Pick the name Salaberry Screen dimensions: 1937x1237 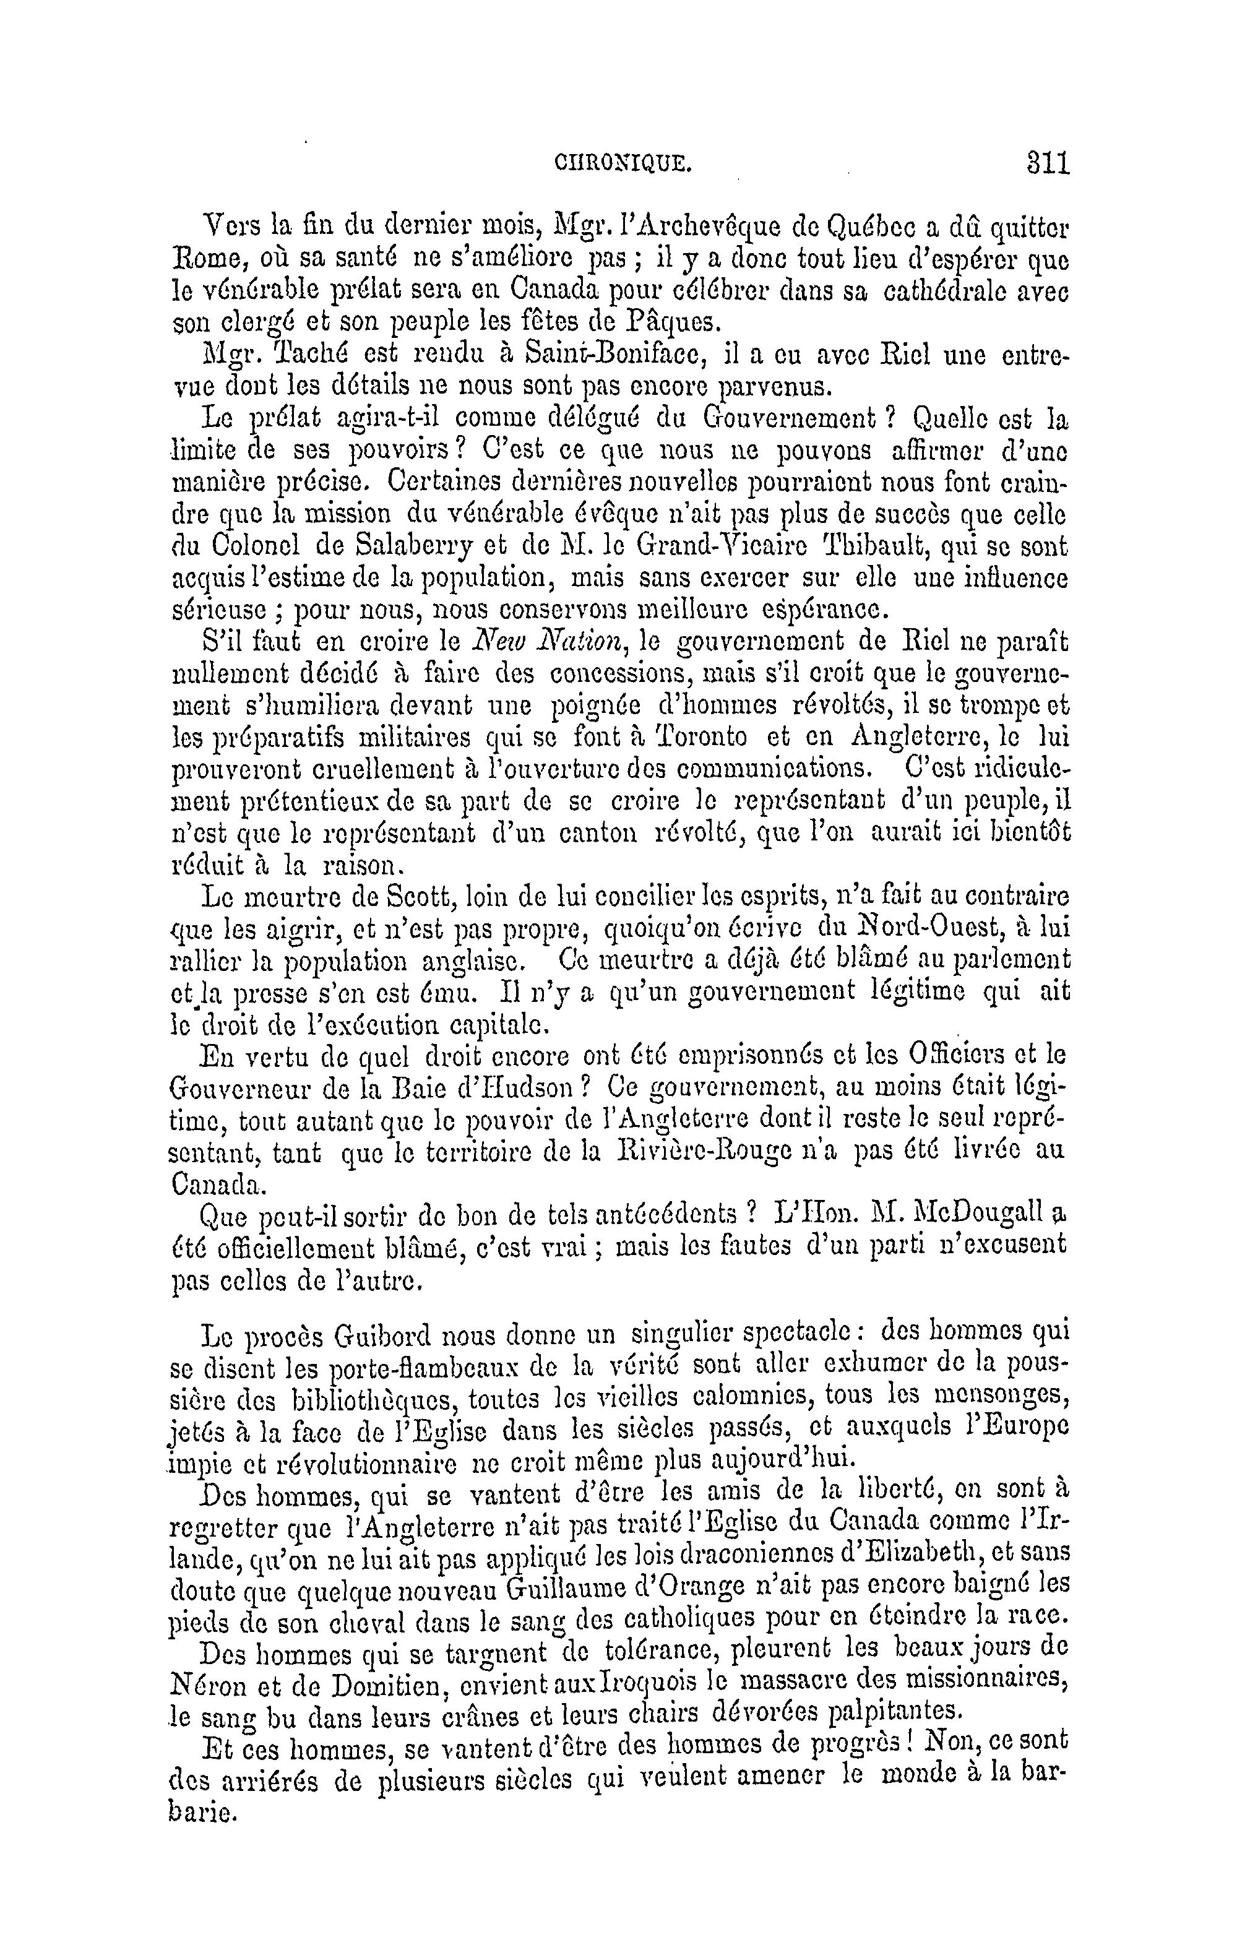tap(415, 546)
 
